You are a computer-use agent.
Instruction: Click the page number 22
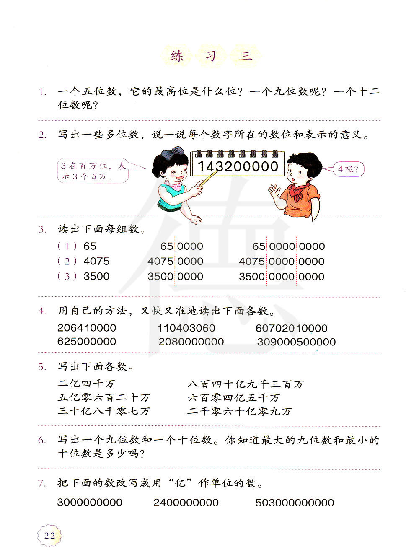click(49, 535)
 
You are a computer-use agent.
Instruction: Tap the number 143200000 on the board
click(238, 166)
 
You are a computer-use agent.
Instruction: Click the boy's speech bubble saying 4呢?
click(349, 169)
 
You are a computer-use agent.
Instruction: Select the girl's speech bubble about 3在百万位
click(93, 171)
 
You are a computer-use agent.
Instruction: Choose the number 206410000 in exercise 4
click(87, 328)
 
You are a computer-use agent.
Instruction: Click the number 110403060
click(186, 328)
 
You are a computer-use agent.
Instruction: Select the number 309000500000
click(296, 342)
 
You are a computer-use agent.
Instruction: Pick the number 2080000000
click(191, 342)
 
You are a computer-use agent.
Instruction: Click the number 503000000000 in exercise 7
click(295, 503)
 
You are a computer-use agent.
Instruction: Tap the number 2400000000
click(186, 503)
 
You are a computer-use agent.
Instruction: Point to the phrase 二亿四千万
click(86, 384)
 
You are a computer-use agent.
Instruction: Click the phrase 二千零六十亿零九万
click(239, 411)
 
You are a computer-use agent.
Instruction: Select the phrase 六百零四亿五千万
click(233, 397)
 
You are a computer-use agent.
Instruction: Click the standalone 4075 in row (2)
click(96, 261)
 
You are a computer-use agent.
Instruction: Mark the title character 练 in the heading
click(177, 56)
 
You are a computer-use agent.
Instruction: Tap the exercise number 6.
click(42, 440)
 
